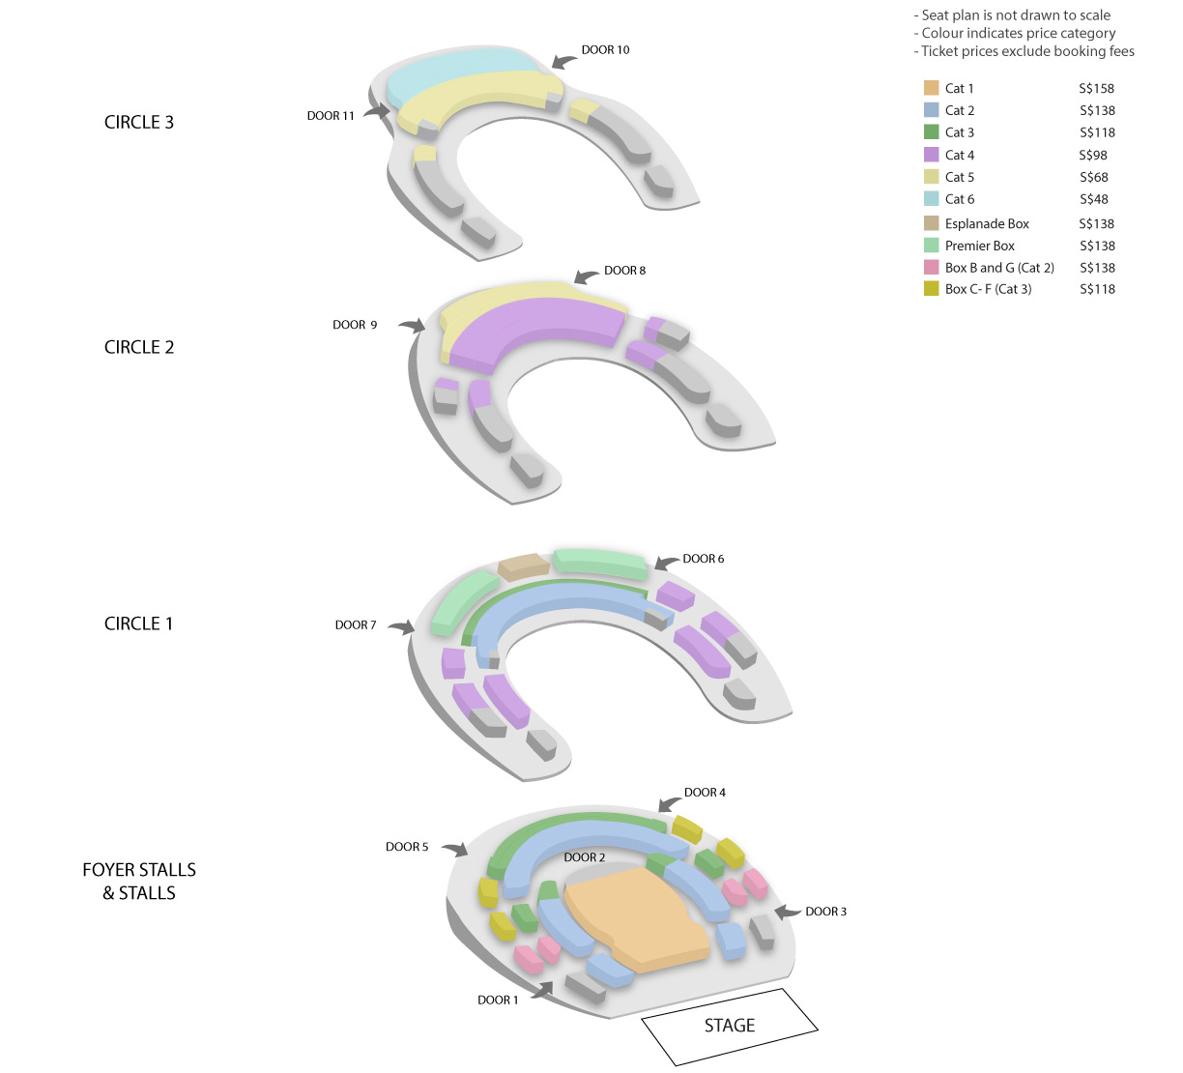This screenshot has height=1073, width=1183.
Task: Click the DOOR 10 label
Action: pyautogui.click(x=605, y=50)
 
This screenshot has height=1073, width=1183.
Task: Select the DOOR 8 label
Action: pyautogui.click(x=624, y=271)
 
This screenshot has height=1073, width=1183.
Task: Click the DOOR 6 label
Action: pyautogui.click(x=703, y=559)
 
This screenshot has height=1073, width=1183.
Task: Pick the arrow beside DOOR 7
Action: pyautogui.click(x=402, y=626)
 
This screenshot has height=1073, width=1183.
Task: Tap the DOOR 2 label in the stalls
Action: pyautogui.click(x=585, y=857)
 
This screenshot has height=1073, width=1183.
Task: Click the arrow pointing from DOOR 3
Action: pyautogui.click(x=788, y=912)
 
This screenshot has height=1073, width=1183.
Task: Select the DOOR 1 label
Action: pyautogui.click(x=498, y=1000)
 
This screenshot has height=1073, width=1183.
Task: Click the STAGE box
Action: pyautogui.click(x=730, y=1026)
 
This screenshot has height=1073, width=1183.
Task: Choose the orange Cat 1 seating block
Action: pyautogui.click(x=637, y=917)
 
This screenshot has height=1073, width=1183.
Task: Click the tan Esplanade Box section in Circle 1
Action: pyautogui.click(x=523, y=566)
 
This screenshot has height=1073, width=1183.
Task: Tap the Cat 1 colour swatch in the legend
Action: pyautogui.click(x=931, y=88)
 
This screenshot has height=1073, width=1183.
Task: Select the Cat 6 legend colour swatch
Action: pyautogui.click(x=931, y=199)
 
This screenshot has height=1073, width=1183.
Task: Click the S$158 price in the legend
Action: pyautogui.click(x=1096, y=89)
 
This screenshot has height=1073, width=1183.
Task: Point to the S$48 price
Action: pyautogui.click(x=1093, y=199)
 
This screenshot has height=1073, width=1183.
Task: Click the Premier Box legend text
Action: pyautogui.click(x=979, y=246)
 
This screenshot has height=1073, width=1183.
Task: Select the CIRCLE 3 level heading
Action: pyautogui.click(x=139, y=122)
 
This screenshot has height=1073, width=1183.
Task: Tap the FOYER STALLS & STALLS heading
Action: pyautogui.click(x=139, y=882)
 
